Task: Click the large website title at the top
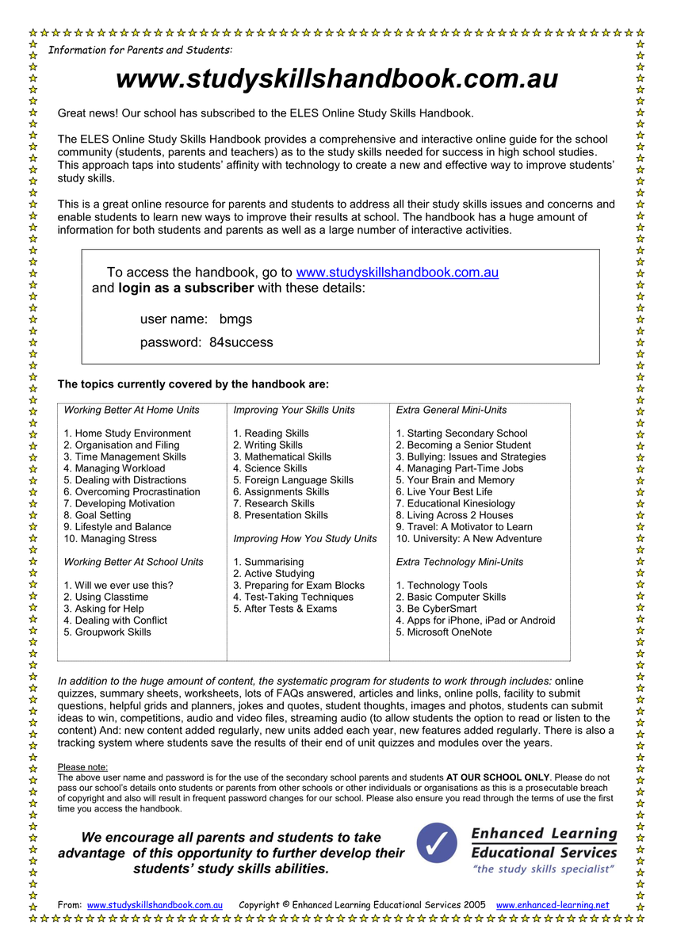[337, 80]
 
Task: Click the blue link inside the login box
[396, 273]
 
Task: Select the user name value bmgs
[235, 319]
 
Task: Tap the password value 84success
[241, 343]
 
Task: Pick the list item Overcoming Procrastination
[132, 492]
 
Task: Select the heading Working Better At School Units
[133, 562]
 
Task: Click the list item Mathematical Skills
[282, 457]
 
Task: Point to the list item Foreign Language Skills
[293, 480]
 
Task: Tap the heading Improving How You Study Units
[305, 539]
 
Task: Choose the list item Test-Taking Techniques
[293, 598]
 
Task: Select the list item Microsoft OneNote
[444, 632]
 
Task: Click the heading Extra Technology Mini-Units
[460, 562]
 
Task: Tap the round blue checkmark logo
[437, 843]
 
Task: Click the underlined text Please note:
[82, 767]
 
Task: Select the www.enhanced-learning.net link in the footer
[553, 905]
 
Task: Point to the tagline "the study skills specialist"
[544, 869]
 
